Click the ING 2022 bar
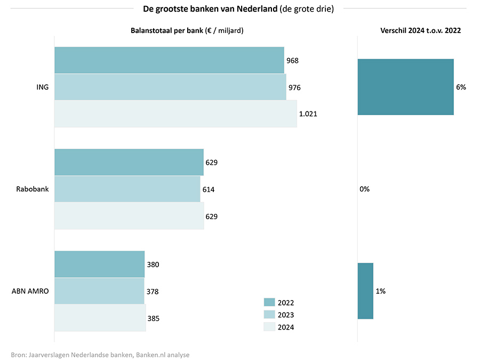[169, 60]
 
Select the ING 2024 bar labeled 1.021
[175, 114]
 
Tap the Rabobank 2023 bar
[127, 189]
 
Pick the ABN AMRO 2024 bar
[100, 318]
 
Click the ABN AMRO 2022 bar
[99, 264]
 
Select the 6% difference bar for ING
[405, 87]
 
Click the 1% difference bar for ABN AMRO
[365, 291]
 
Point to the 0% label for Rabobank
[365, 189]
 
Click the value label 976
[294, 87]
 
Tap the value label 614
[208, 189]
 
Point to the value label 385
[153, 318]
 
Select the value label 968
[292, 60]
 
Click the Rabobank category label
[33, 189]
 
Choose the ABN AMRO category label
[30, 291]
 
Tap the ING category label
[42, 87]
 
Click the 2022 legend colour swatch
[269, 302]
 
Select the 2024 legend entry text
[285, 327]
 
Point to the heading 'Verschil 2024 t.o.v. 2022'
[420, 30]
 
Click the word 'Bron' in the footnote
[18, 355]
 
